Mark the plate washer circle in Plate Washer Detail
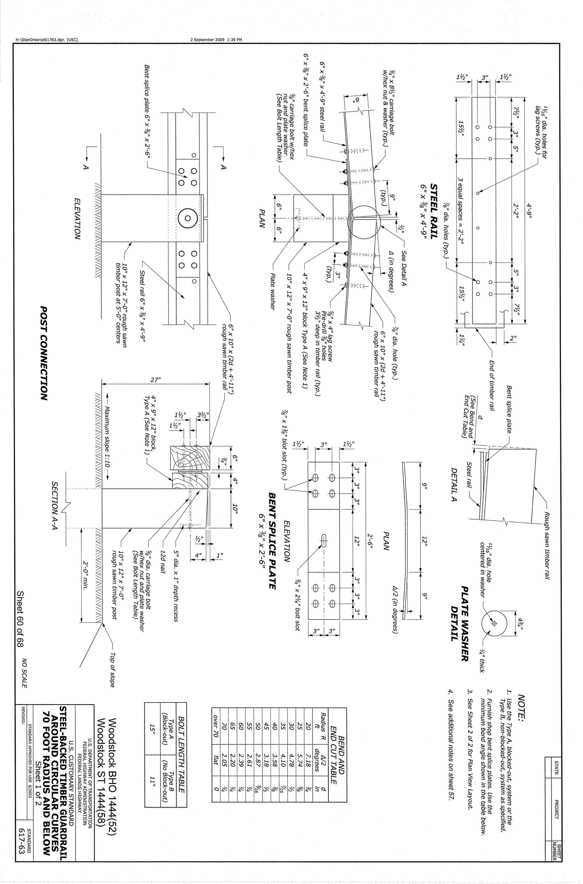pyautogui.click(x=494, y=623)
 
